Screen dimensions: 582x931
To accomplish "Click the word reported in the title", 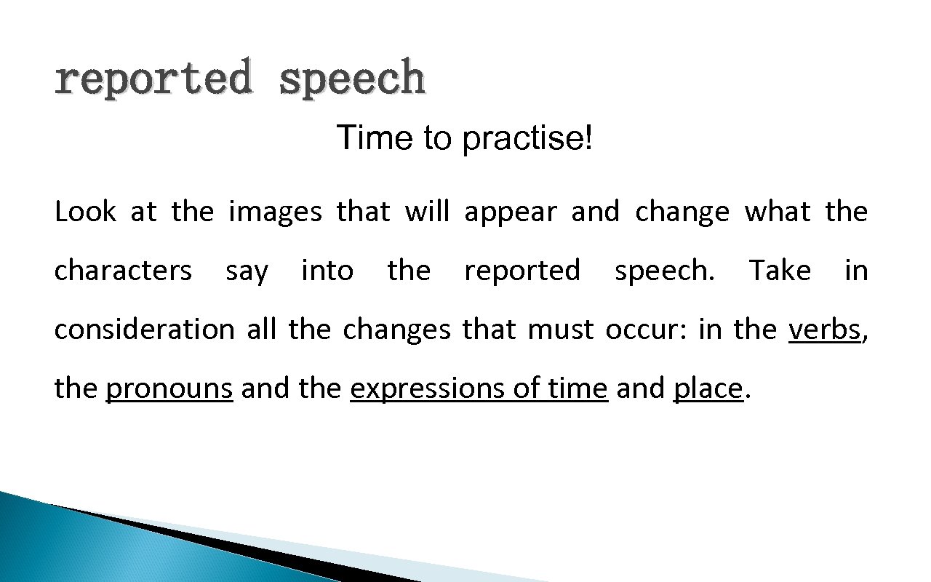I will coord(153,79).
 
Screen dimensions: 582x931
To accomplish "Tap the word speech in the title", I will coord(352,79).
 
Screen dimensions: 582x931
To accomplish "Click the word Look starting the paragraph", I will coord(85,212).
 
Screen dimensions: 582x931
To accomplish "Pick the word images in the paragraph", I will coord(275,212).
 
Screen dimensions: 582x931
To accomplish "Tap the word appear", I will coord(510,212).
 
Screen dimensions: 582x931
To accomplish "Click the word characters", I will coord(123,271).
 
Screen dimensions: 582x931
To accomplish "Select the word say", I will coord(247,272).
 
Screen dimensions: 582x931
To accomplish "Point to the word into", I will coord(327,271).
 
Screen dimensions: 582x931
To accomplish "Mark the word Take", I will coord(780,271).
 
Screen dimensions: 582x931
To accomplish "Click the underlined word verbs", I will coord(824,330).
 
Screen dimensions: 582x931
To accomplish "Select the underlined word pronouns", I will coord(169,389).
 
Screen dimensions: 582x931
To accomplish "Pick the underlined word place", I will coord(708,389).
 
